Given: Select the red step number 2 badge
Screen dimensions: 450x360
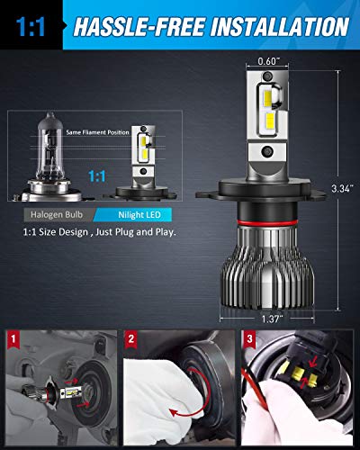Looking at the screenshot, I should coord(131,337).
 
